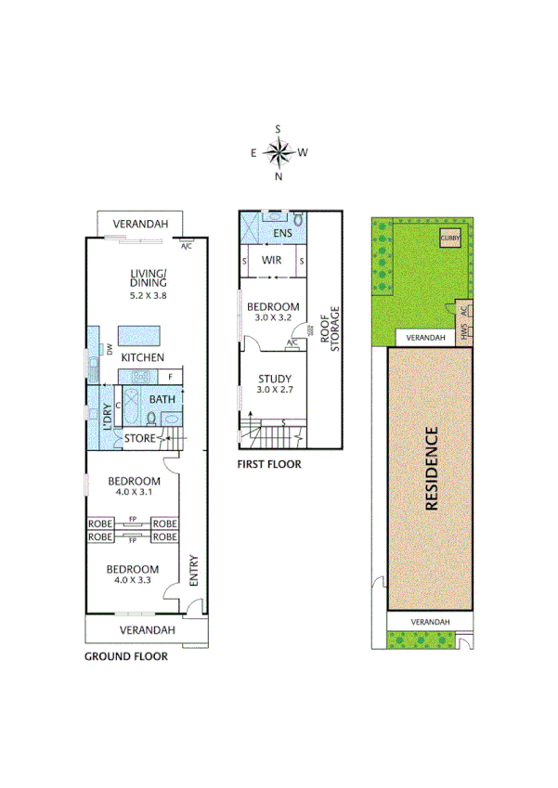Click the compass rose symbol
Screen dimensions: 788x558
pyautogui.click(x=279, y=150)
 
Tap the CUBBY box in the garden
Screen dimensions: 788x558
pyautogui.click(x=450, y=237)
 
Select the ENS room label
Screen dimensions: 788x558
pyautogui.click(x=283, y=232)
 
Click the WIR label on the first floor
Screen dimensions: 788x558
pyautogui.click(x=271, y=261)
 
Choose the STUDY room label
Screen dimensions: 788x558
pyautogui.click(x=275, y=379)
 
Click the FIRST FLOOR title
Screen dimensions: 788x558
pyautogui.click(x=269, y=464)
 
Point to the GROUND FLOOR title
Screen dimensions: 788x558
pyautogui.click(x=126, y=656)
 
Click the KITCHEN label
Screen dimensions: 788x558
pyautogui.click(x=142, y=357)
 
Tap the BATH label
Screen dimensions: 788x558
pyautogui.click(x=163, y=400)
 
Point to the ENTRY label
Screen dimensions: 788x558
pyautogui.click(x=194, y=569)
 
